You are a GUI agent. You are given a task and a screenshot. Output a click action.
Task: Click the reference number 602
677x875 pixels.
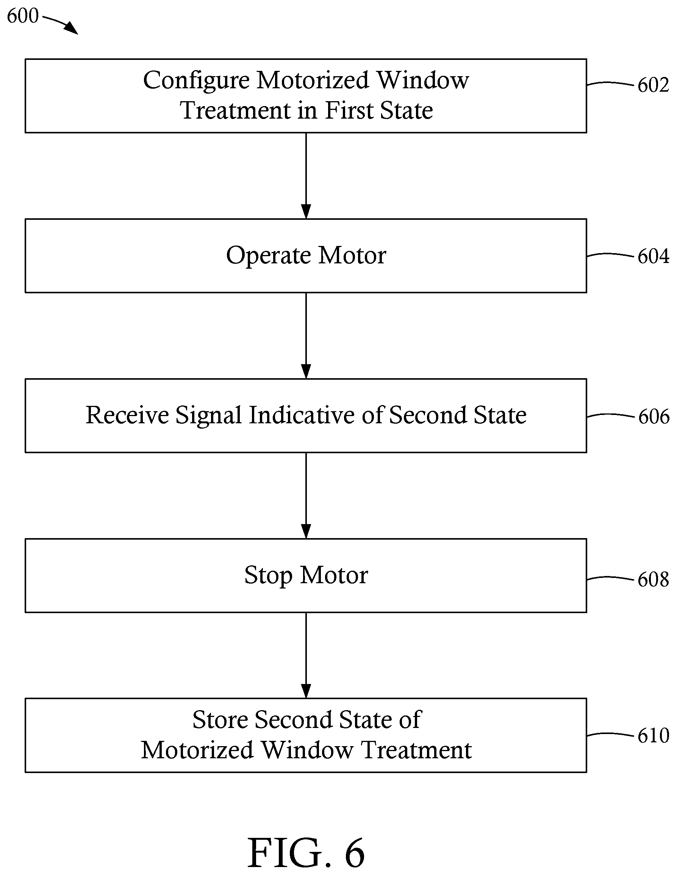pos(653,85)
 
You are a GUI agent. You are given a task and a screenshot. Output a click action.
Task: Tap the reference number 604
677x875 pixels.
pos(653,256)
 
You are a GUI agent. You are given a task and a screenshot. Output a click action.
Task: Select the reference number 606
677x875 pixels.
pos(654,417)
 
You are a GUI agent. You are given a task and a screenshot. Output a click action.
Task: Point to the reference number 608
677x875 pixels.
pos(653,579)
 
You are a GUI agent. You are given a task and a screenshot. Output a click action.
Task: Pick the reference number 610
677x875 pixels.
pos(653,736)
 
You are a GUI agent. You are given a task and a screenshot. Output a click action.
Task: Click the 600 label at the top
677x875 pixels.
pos(23,16)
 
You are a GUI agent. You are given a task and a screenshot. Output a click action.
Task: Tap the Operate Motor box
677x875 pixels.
pos(306,256)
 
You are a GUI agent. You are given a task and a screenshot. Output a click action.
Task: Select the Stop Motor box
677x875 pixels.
pos(306,576)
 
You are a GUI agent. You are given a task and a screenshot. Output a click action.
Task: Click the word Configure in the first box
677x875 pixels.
pos(196,81)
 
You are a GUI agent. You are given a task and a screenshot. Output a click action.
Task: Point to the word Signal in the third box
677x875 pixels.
pos(208,416)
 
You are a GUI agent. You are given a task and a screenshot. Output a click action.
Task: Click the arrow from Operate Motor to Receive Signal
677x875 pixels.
pos(306,336)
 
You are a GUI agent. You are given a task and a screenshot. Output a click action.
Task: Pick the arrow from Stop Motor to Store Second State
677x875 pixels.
pos(306,656)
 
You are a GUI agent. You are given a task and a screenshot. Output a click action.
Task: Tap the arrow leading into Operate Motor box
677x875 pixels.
pos(306,176)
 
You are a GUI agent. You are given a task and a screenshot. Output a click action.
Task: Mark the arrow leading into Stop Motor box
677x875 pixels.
pos(306,496)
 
